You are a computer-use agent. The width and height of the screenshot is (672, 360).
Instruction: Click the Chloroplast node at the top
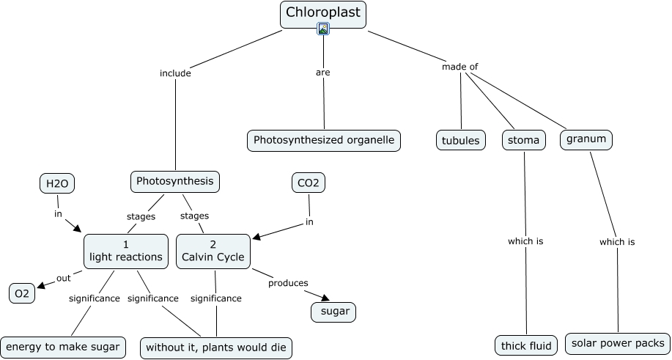tap(322, 13)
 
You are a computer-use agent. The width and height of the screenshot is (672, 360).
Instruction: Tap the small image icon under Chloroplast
tap(323, 29)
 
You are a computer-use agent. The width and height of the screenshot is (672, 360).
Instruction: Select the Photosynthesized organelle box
tap(324, 140)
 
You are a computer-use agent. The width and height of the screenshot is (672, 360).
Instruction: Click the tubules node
tap(461, 140)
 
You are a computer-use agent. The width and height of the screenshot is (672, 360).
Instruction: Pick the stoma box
tap(524, 140)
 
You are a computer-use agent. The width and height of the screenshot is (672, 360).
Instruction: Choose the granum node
tap(586, 139)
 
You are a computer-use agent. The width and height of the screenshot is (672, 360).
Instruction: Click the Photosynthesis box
tap(175, 181)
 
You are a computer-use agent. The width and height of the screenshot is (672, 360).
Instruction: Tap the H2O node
tap(57, 183)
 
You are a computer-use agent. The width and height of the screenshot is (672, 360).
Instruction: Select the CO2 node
tap(308, 183)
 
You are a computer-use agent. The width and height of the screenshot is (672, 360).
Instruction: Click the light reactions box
tap(126, 251)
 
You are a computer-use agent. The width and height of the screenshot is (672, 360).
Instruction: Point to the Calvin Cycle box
tap(213, 251)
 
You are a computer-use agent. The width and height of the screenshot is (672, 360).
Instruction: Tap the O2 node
tap(22, 294)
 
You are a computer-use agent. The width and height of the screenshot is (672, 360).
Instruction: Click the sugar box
tap(334, 312)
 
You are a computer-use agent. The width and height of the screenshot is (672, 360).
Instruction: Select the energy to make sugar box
tap(62, 346)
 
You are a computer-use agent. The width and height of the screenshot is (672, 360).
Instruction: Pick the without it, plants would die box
tap(216, 347)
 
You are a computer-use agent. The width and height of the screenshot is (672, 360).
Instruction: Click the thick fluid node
tap(526, 345)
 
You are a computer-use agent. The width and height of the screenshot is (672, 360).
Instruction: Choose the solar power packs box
tap(618, 343)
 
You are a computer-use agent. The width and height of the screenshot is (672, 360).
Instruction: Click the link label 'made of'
tap(459, 67)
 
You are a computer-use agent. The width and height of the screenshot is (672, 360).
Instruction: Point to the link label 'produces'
tap(288, 282)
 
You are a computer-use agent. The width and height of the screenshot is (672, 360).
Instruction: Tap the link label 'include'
tap(175, 73)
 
